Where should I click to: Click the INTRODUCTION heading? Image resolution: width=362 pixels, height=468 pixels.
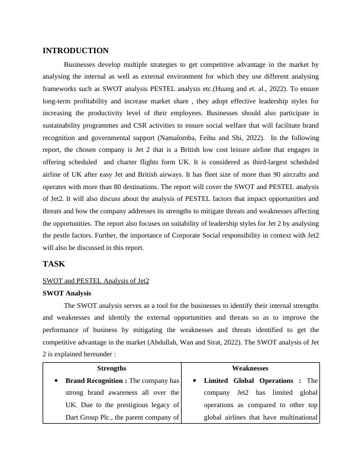76,51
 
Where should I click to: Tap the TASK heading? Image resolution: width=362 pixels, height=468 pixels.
54,264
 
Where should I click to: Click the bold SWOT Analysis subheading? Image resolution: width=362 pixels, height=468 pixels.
67,293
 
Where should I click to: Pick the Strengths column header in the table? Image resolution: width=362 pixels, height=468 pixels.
112,368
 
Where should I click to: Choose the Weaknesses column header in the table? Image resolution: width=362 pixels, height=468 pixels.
250,368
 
